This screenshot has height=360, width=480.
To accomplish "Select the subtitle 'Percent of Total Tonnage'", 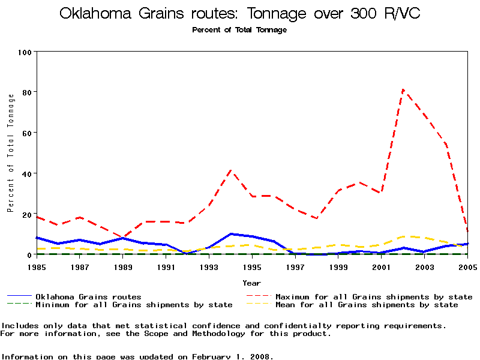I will pyautogui.click(x=239, y=30).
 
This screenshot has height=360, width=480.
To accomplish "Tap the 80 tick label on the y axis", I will pyautogui.click(x=26, y=92).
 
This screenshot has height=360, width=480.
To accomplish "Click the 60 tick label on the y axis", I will pyautogui.click(x=26, y=133).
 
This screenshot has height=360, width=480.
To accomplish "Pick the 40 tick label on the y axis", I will pyautogui.click(x=26, y=174).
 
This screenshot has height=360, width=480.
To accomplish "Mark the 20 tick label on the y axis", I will pyautogui.click(x=26, y=215).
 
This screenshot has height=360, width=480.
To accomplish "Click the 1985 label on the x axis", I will pyautogui.click(x=37, y=267).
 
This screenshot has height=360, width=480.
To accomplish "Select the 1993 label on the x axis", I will pyautogui.click(x=209, y=267).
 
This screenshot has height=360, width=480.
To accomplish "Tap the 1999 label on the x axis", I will pyautogui.click(x=338, y=267).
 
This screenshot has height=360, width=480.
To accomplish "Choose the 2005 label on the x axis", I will pyautogui.click(x=467, y=267).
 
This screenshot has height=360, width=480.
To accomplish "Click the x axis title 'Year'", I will pyautogui.click(x=251, y=283).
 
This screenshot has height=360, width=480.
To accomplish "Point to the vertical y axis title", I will pyautogui.click(x=10, y=153).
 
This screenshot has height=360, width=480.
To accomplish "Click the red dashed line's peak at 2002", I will pyautogui.click(x=403, y=90).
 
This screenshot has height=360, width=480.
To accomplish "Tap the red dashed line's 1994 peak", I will pyautogui.click(x=231, y=170).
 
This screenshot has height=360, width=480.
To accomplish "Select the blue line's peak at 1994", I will pyautogui.click(x=231, y=234).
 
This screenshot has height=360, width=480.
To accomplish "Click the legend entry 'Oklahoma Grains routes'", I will pyautogui.click(x=88, y=297).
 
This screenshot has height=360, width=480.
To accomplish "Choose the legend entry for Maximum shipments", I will pyautogui.click(x=373, y=297).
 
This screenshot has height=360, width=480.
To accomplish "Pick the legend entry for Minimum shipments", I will pyautogui.click(x=133, y=305).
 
